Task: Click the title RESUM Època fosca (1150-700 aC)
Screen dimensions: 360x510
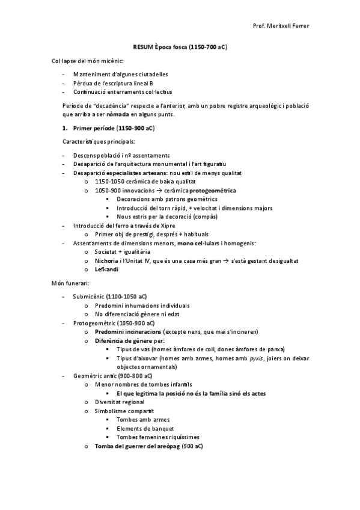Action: (x=179, y=46)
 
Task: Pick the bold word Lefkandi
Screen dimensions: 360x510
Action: (x=106, y=269)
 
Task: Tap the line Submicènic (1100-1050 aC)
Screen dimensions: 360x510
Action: (x=109, y=296)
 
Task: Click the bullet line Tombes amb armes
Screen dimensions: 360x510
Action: (x=143, y=419)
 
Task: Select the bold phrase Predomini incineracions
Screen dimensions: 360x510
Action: (x=128, y=331)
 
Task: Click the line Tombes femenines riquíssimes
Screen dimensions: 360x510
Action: (x=159, y=437)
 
